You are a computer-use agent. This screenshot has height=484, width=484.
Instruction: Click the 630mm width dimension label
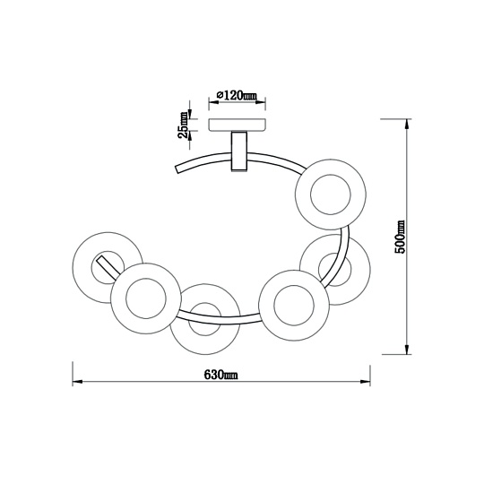pyautogui.click(x=220, y=375)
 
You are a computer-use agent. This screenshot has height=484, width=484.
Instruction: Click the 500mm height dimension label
pyautogui.click(x=400, y=237)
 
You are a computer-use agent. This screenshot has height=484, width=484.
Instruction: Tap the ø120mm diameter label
pyautogui.click(x=237, y=95)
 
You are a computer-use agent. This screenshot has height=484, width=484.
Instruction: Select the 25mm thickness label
pyautogui.click(x=183, y=125)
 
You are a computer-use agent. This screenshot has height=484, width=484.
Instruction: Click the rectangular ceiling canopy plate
pyautogui.click(x=237, y=125)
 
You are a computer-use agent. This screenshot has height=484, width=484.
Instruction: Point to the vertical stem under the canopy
pyautogui.click(x=239, y=151)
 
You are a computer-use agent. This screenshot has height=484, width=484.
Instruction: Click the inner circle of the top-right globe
pyautogui.click(x=331, y=194)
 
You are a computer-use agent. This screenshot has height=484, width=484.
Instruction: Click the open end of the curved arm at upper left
pyautogui.click(x=177, y=169)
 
